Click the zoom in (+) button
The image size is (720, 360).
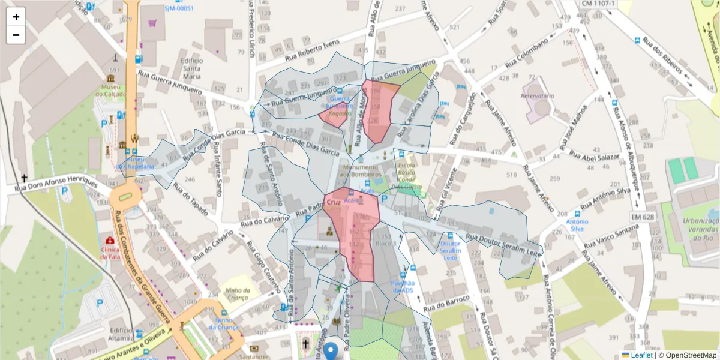pyautogui.click(x=16, y=17)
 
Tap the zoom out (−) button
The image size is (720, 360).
pyautogui.click(x=16, y=35)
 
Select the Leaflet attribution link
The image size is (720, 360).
pyautogui.click(x=637, y=355)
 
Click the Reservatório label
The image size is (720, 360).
pyautogui.click(x=537, y=96)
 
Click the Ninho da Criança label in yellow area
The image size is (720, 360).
pyautogui.click(x=233, y=295)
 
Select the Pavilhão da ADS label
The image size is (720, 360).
pyautogui.click(x=402, y=286)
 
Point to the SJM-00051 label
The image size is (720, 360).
pyautogui.click(x=179, y=8)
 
